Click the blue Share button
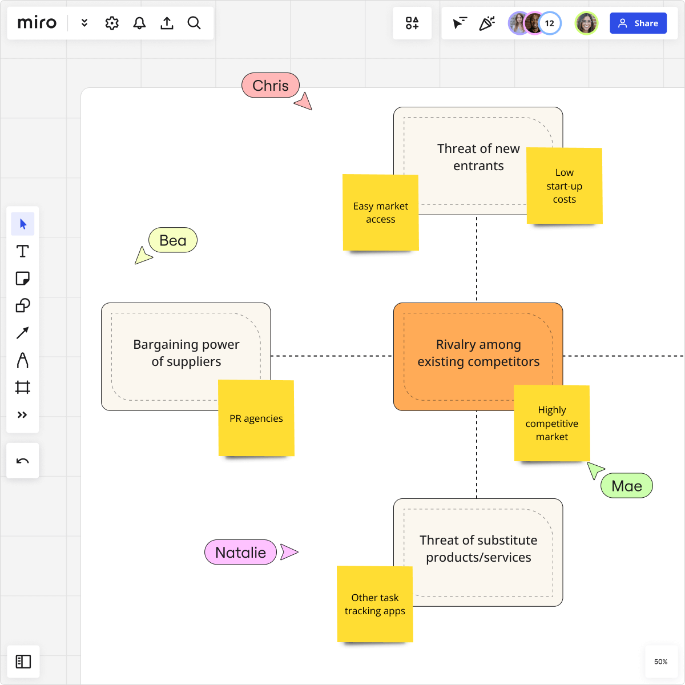[638, 23]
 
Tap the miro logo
[37, 23]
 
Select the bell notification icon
[139, 23]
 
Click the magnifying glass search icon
[194, 23]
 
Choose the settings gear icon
[112, 23]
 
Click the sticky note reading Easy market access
[380, 212]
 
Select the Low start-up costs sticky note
[564, 186]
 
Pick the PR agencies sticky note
[256, 418]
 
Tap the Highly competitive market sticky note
[551, 423]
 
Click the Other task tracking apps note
[374, 604]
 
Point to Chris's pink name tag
[271, 86]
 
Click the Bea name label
[173, 240]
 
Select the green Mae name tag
[626, 486]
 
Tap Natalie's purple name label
[240, 553]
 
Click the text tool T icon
[23, 251]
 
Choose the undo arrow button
[23, 461]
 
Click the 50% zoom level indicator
[660, 662]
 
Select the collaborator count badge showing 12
[549, 23]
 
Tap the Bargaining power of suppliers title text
[186, 353]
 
